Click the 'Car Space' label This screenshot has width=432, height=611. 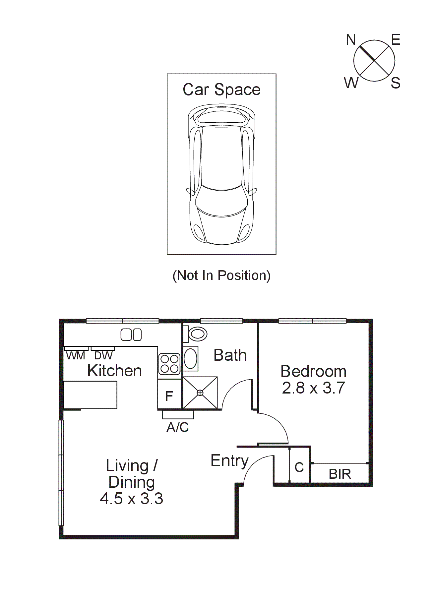221,90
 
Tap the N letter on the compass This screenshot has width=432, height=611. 351,40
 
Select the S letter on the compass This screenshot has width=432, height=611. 395,83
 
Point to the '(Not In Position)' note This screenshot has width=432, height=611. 221,275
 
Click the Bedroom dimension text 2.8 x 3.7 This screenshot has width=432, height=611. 313,388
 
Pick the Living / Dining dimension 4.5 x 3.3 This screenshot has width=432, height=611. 132,499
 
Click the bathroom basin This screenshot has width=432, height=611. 191,358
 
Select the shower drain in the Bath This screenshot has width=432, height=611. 200,393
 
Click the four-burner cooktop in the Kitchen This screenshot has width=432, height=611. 169,364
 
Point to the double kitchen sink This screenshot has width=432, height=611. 131,335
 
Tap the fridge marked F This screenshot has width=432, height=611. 169,396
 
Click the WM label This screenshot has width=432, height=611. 76,356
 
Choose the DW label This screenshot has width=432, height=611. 103,356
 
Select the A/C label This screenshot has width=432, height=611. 178,427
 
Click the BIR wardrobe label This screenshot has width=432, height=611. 340,474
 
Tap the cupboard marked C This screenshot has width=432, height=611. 299,467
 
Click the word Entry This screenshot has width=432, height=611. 229,460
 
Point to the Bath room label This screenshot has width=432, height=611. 230,355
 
